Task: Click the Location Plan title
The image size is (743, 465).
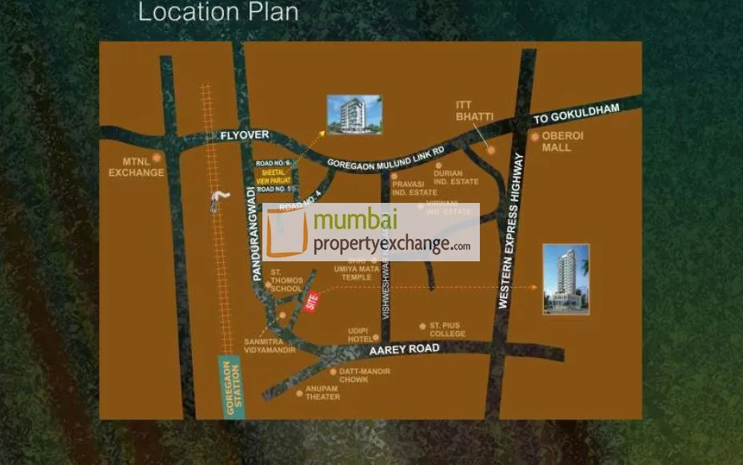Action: [x=218, y=13]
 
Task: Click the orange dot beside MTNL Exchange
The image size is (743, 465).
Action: [x=157, y=158]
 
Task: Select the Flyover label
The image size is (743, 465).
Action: [x=245, y=136]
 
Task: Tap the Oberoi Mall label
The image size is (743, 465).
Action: [x=563, y=141]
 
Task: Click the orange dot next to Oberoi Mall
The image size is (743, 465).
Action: [x=535, y=137]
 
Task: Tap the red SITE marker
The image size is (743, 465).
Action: [x=312, y=301]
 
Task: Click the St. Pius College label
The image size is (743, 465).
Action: [x=447, y=329]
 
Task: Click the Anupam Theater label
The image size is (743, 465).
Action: [x=322, y=393]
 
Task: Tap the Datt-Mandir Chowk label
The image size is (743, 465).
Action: [x=353, y=376]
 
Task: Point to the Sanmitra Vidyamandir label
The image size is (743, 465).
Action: [x=270, y=345]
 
